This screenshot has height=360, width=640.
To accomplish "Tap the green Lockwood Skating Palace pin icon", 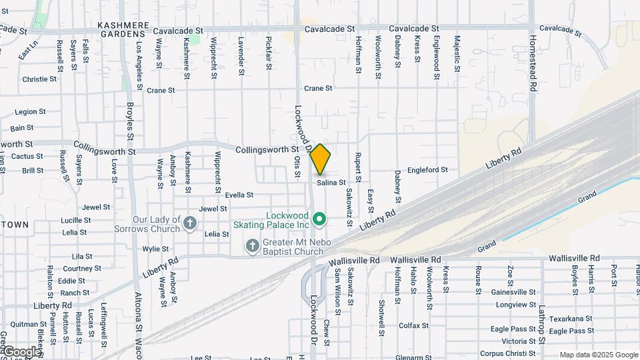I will click(319, 219).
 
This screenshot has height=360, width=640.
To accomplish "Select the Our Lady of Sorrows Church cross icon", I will click(190, 223).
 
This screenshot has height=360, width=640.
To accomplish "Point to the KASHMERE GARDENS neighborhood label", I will click(122, 25).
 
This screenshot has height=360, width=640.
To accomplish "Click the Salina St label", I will click(331, 182).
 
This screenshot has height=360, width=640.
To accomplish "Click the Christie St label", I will click(39, 79).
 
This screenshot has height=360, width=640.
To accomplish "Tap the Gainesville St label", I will click(513, 292).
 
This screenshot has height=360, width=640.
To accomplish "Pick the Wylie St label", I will click(155, 249).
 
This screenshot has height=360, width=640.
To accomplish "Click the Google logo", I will click(22, 351).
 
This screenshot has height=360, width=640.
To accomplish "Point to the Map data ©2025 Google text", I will click(599, 355).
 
